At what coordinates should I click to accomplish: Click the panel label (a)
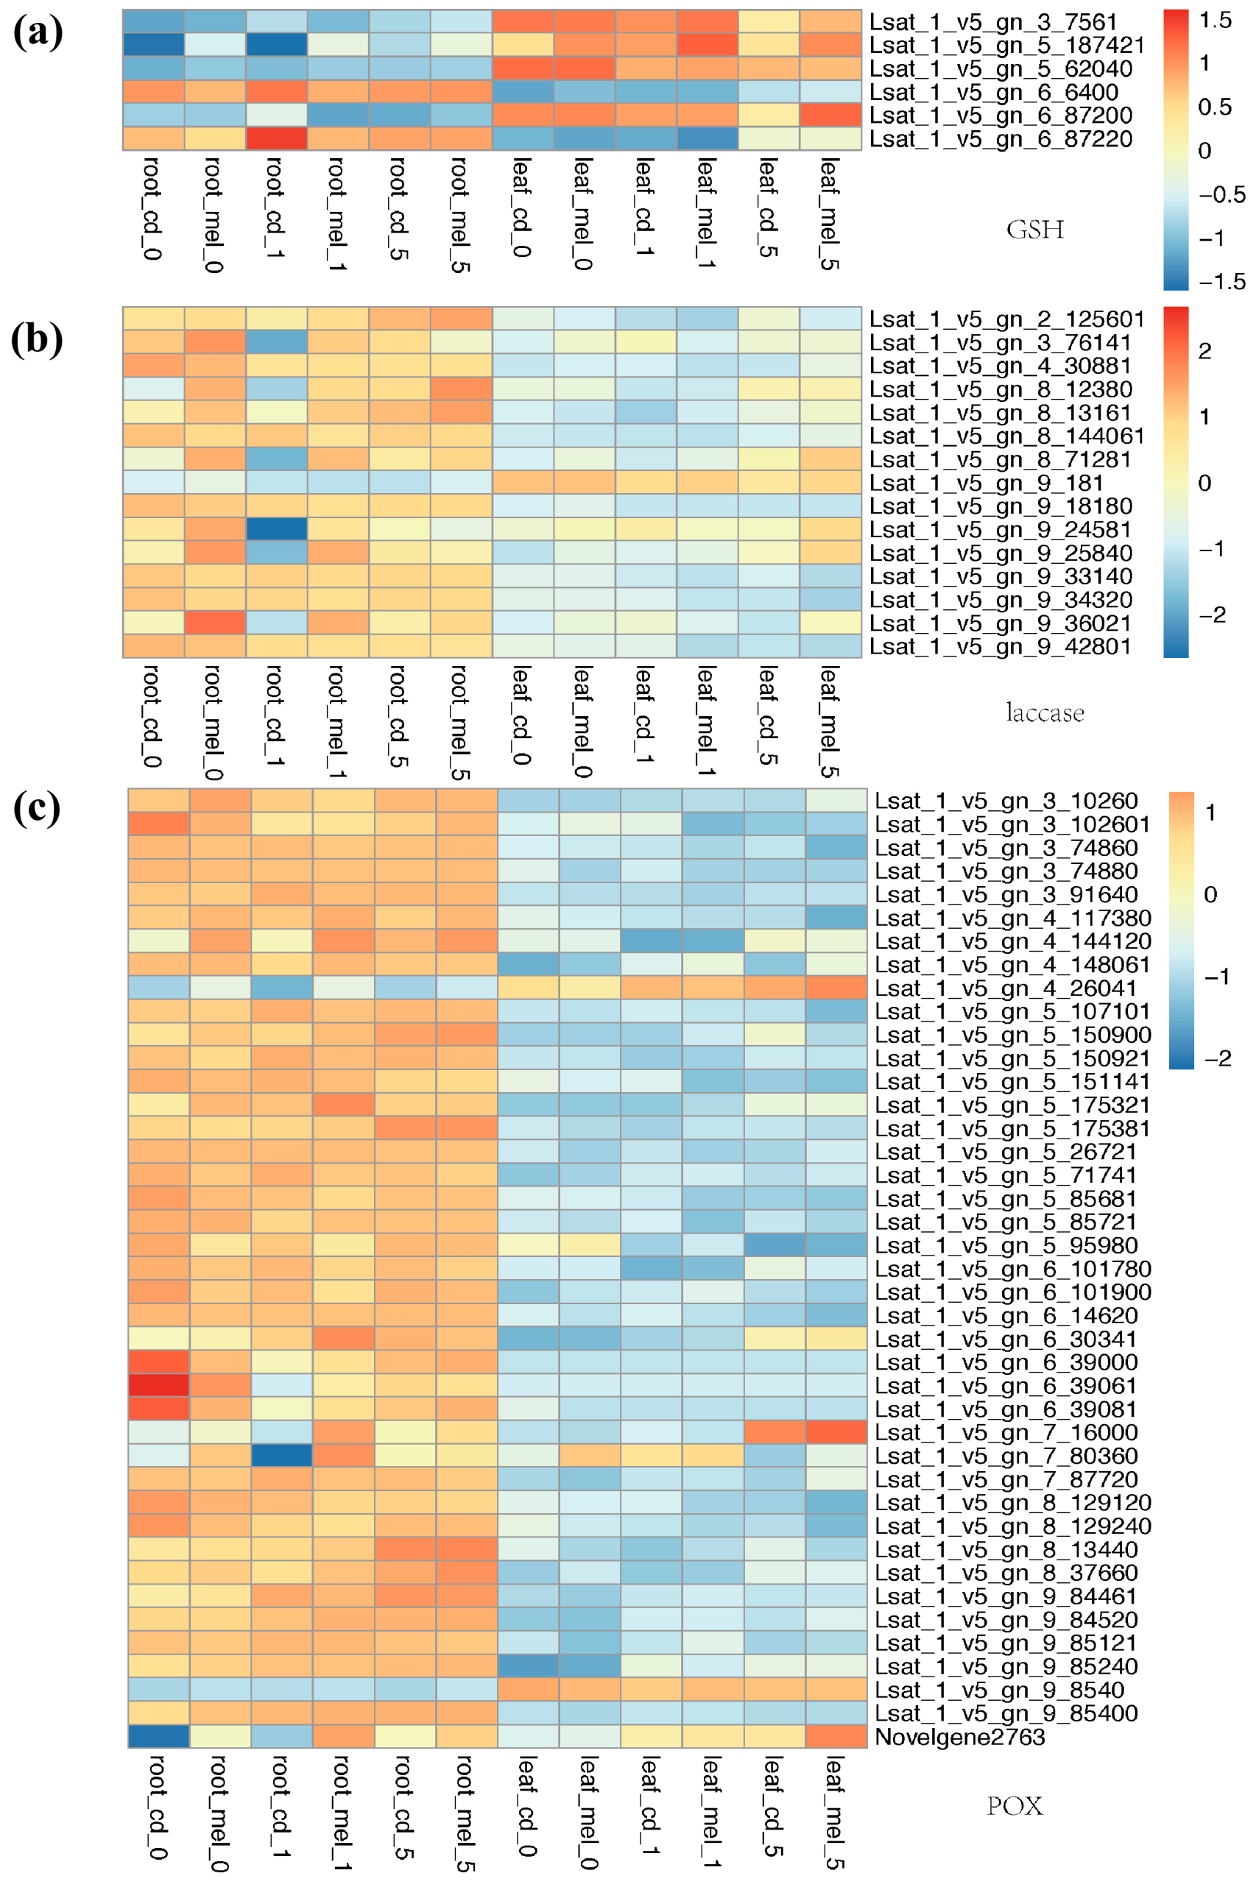[x=37, y=34]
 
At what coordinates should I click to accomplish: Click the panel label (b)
[x=37, y=339]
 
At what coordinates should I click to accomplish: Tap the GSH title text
[x=1035, y=230]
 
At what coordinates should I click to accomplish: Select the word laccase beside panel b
[x=1045, y=712]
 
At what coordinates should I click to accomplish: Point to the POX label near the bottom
[x=1015, y=1805]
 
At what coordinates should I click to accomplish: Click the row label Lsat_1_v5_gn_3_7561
[x=993, y=22]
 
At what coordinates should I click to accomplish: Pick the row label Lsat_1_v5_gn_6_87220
[x=1001, y=139]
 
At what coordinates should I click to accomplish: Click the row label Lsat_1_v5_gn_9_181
[x=986, y=483]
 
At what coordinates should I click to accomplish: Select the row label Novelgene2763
[x=959, y=1736]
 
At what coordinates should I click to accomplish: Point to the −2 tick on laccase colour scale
[x=1212, y=615]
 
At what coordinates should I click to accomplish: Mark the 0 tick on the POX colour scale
[x=1210, y=894]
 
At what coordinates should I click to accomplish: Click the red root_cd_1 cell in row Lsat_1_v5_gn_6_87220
[x=276, y=138]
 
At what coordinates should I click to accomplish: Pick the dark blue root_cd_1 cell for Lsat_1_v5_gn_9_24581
[x=276, y=529]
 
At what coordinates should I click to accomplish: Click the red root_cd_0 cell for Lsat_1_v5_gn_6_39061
[x=158, y=1385]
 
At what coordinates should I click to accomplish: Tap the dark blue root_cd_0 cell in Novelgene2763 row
[x=158, y=1736]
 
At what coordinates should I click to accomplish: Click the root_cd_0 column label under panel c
[x=158, y=1806]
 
